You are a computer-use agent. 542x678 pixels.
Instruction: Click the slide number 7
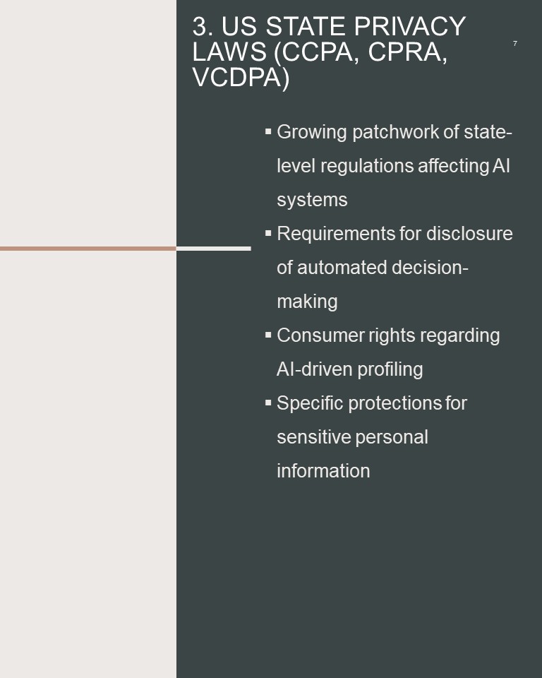(514, 43)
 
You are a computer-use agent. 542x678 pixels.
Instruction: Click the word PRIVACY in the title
(409, 26)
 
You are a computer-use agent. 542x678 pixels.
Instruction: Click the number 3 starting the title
(199, 26)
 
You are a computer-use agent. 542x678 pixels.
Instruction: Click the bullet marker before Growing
(268, 131)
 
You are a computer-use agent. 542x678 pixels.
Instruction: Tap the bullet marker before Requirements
(268, 233)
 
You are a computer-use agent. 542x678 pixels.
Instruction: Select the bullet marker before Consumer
(268, 335)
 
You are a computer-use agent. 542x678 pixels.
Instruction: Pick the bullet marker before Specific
(268, 403)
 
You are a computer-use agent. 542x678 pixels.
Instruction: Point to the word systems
(312, 200)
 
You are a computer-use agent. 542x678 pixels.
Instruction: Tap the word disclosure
(469, 234)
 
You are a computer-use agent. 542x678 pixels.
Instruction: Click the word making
(307, 302)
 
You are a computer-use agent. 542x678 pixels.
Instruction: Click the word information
(323, 471)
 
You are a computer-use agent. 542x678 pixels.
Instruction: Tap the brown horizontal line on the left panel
(88, 249)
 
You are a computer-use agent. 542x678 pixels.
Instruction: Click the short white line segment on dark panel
(214, 249)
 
